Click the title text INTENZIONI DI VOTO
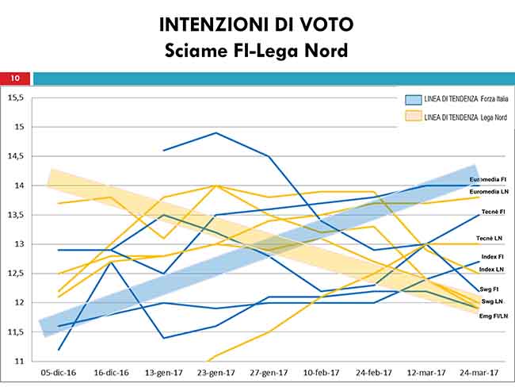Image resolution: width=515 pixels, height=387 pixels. pos(257,25)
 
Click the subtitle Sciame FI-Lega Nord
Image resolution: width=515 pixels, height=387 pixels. pos(257,52)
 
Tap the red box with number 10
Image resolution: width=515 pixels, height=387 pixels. pos(15,78)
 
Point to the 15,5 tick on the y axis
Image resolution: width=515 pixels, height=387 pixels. pos(17,98)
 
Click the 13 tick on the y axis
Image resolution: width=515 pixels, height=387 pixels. pos(19,244)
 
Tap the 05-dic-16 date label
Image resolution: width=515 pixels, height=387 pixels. pos(59,372)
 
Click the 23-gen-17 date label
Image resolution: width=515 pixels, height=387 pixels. pos(216,372)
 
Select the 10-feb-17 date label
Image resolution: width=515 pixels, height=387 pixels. pos(321,372)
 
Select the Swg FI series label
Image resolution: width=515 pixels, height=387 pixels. pos(492,289)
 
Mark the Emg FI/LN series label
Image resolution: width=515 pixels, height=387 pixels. pos(492,317)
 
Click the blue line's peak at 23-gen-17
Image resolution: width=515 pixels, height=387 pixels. pos(216,133)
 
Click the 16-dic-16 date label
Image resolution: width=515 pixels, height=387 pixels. pos(111,372)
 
